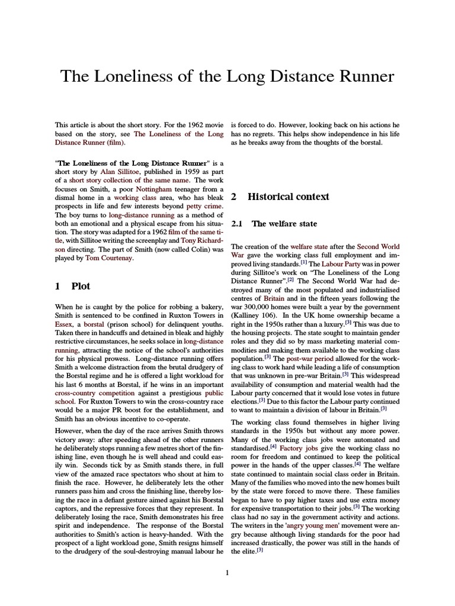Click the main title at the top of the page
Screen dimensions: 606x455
click(227, 76)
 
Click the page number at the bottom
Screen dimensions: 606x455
click(227, 573)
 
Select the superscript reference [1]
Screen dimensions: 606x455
click(303, 262)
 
